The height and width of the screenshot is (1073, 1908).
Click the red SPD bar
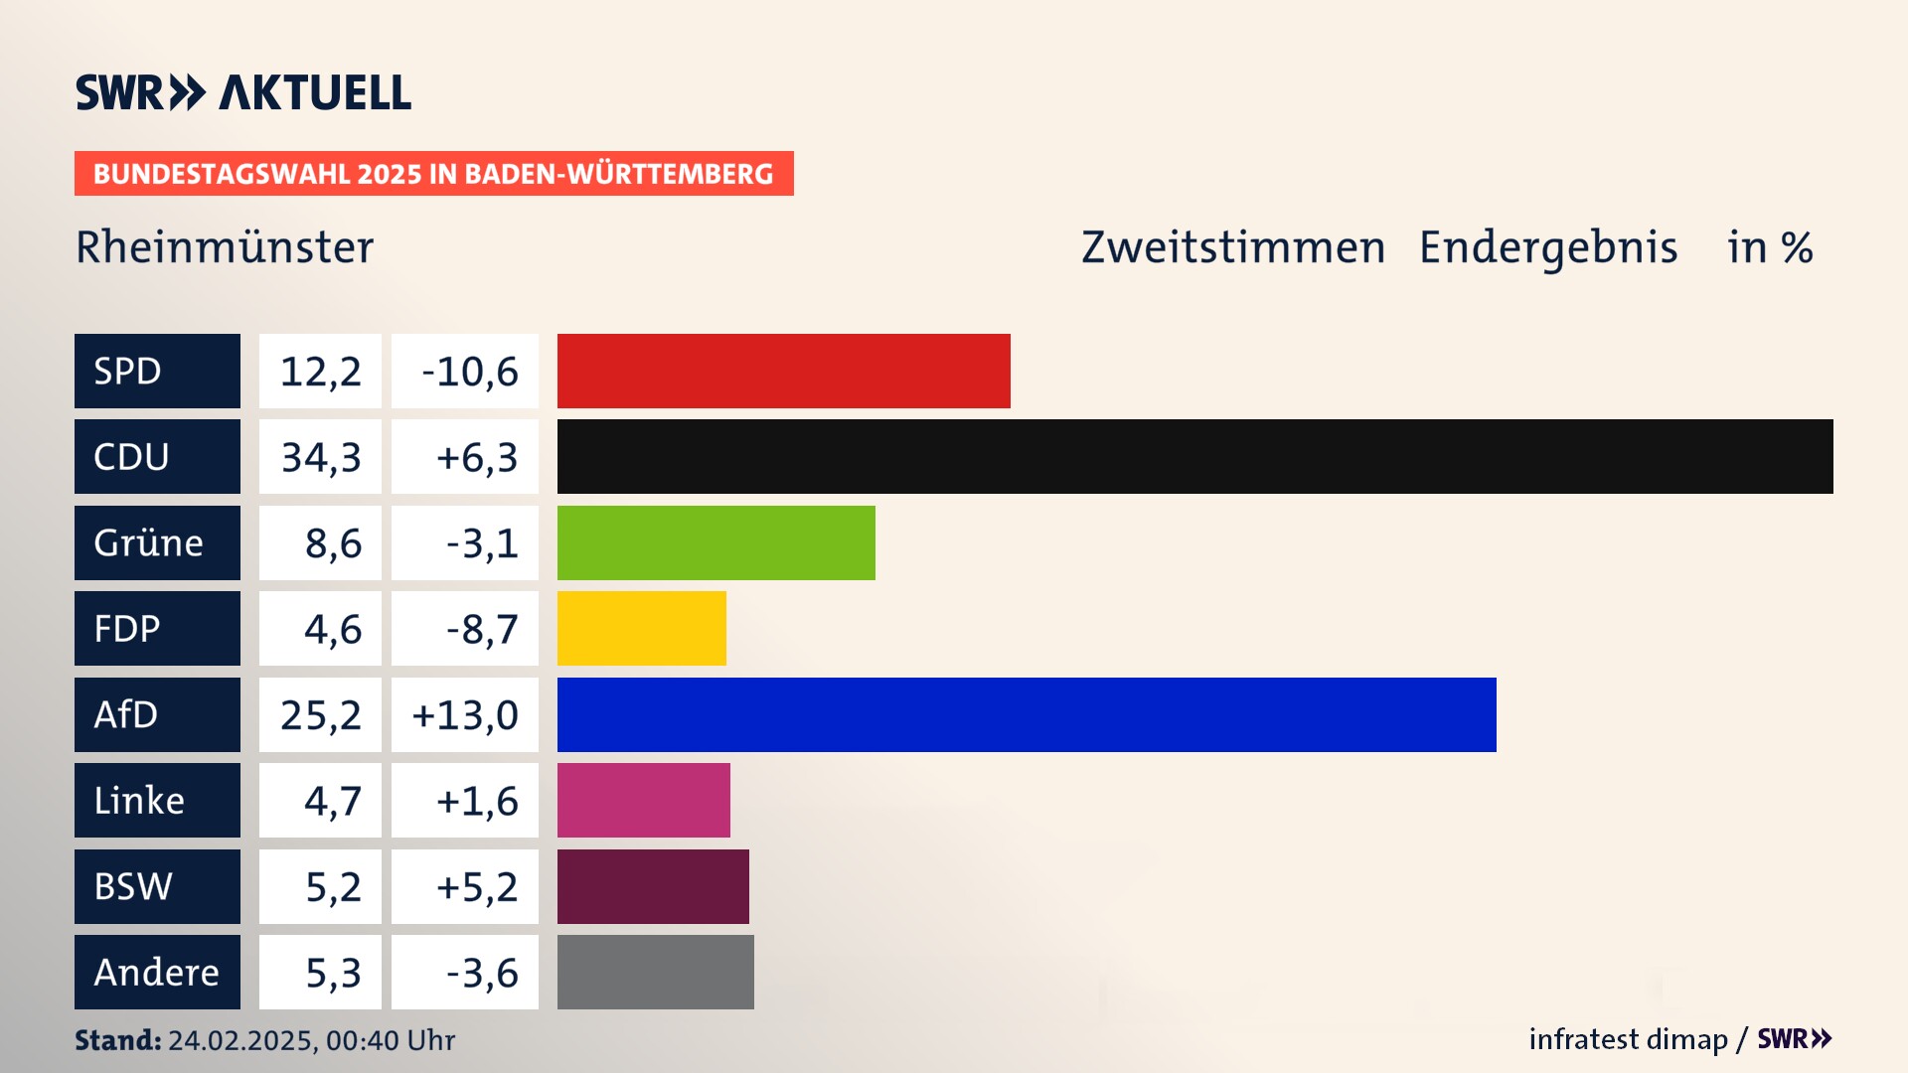[783, 371]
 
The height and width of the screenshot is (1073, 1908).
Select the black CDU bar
[1194, 457]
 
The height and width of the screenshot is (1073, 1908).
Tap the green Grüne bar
[715, 542]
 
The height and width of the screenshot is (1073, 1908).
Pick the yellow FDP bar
[641, 629]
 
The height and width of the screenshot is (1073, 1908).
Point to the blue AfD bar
[1027, 714]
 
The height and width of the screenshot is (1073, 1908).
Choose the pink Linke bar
[643, 801]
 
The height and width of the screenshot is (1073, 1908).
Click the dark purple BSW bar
[653, 886]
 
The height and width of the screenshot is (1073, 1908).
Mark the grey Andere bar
[655, 972]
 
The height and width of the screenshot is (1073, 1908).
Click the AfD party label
[157, 714]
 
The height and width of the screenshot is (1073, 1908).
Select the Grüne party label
[157, 542]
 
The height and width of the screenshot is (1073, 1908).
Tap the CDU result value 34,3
[320, 457]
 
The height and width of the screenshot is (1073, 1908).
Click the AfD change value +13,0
[465, 715]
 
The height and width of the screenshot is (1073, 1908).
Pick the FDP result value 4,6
[332, 629]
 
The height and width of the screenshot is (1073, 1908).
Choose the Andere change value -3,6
[481, 973]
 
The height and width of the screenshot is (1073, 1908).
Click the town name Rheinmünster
[225, 247]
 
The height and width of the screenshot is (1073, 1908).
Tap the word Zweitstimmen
[1232, 247]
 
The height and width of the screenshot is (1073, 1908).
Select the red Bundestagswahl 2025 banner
[433, 174]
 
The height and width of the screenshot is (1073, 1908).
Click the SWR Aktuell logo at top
[243, 92]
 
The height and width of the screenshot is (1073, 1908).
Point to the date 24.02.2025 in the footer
[241, 1040]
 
